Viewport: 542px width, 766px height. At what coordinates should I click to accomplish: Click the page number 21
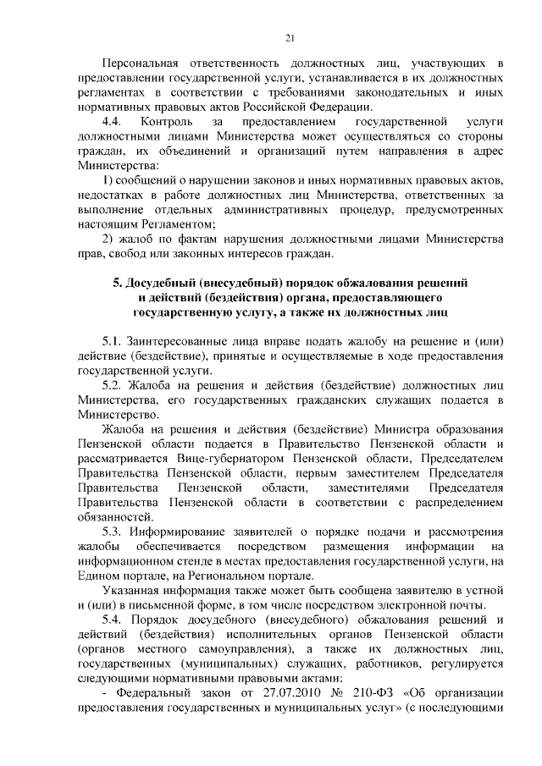pyautogui.click(x=290, y=38)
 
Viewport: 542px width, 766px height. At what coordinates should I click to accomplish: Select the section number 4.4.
pyautogui.click(x=112, y=123)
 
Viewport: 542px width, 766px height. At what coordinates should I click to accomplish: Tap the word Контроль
pyautogui.click(x=173, y=123)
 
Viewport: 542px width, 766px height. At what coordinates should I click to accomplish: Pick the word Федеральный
pyautogui.click(x=154, y=696)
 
